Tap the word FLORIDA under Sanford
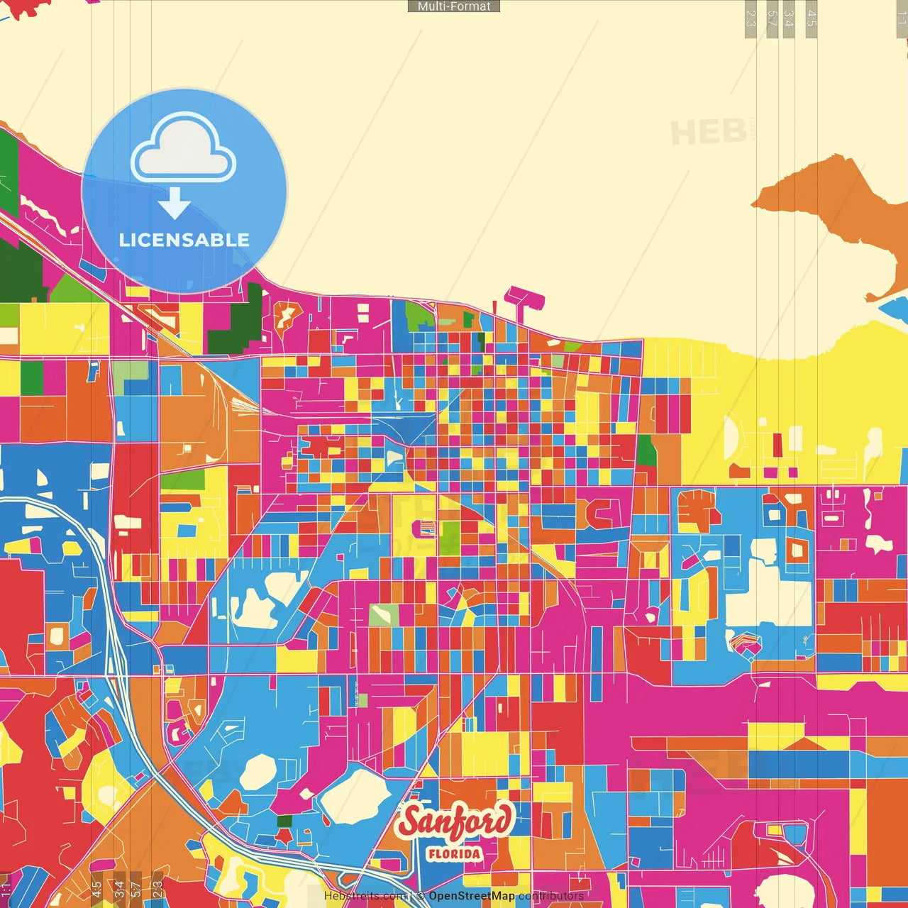click(454, 853)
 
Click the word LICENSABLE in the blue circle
click(184, 240)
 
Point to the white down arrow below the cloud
click(175, 204)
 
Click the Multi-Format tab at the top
click(454, 6)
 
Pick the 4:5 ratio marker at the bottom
click(96, 889)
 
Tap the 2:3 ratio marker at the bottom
click(157, 889)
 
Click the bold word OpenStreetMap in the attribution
click(472, 896)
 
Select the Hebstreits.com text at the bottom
click(365, 896)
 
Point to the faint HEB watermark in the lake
click(708, 133)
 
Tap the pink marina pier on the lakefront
click(524, 297)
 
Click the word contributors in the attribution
click(551, 896)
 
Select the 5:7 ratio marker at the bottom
click(136, 889)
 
